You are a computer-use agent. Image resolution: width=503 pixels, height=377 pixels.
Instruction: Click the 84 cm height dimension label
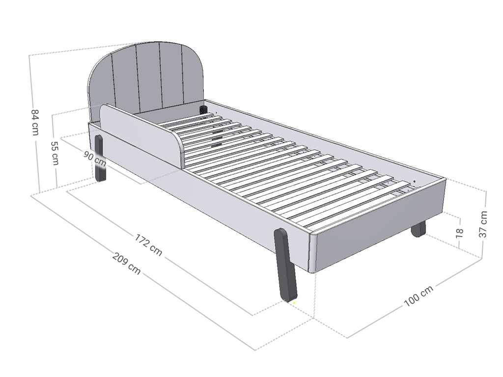(x=35, y=122)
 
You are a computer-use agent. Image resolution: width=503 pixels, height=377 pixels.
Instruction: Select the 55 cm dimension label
(x=55, y=153)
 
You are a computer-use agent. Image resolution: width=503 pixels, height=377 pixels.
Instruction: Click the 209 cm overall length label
(x=126, y=264)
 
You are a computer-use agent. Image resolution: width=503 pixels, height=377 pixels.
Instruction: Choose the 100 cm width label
(x=419, y=296)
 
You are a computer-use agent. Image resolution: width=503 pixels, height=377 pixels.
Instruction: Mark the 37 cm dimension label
(x=483, y=224)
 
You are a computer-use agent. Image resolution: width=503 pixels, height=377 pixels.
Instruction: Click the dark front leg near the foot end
(x=285, y=265)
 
